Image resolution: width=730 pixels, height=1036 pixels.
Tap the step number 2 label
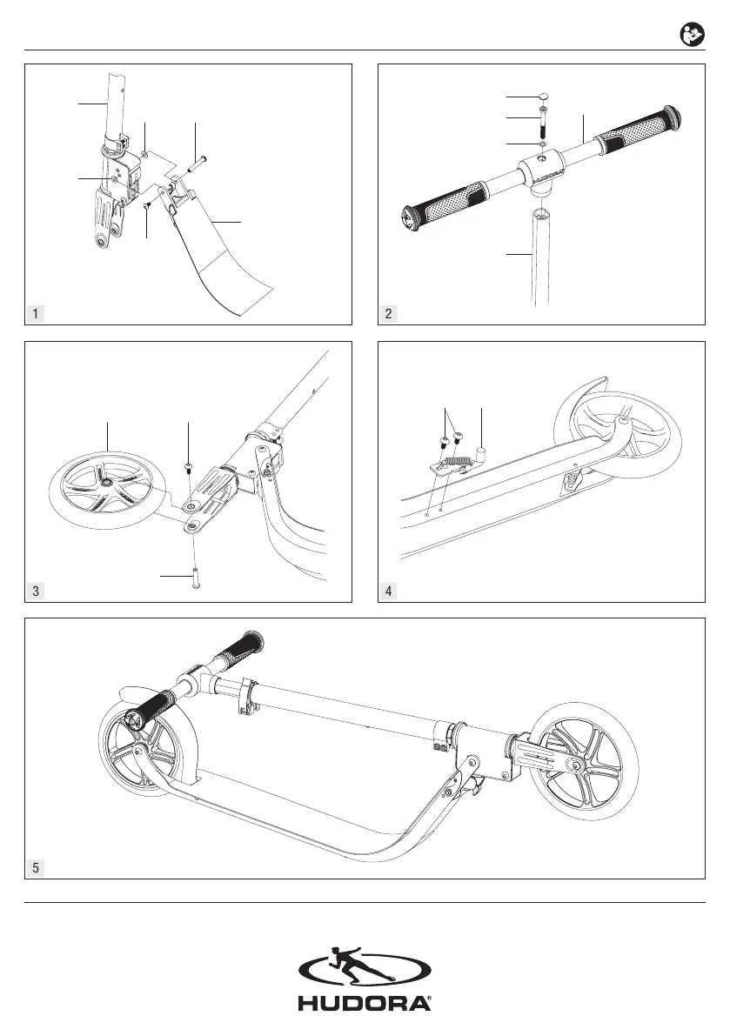pyautogui.click(x=387, y=313)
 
